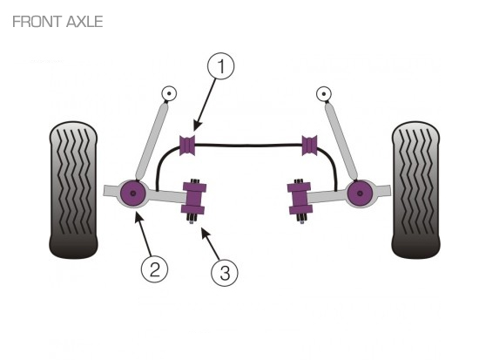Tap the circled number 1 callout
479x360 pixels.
coord(221,66)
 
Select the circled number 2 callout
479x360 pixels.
coord(154,269)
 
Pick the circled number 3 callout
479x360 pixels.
coord(225,273)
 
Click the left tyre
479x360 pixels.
coord(73,190)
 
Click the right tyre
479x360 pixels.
coord(415,190)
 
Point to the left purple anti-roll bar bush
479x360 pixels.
coord(187,145)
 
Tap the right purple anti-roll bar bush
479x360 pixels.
coord(310,145)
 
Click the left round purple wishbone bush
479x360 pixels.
coord(133,194)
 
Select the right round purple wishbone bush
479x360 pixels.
coord(360,194)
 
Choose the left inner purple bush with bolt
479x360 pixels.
coord(193,198)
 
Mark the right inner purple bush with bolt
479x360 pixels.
coord(300,198)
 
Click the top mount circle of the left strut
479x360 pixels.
coord(169,93)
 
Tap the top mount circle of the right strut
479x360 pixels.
coord(324,94)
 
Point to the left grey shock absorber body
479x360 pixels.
coord(152,140)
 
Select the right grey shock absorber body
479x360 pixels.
coord(341,141)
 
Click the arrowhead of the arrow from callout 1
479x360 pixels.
coord(197,126)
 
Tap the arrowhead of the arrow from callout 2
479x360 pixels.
coord(138,218)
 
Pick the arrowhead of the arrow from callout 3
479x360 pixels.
coord(205,234)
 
